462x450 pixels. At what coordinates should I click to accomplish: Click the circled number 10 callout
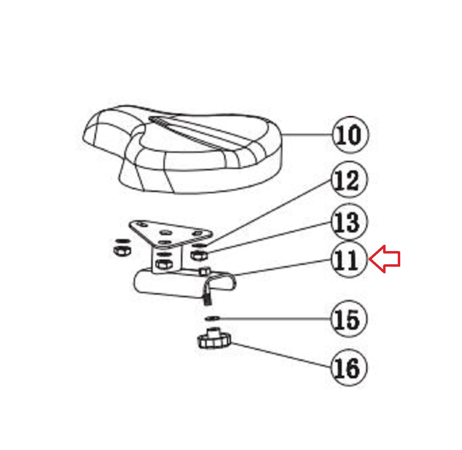(350, 135)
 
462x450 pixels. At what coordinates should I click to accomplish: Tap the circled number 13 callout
(349, 222)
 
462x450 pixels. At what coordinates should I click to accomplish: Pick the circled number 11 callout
(349, 260)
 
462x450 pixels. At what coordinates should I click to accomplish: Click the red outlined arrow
(385, 259)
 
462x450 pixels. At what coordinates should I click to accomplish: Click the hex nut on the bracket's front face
(163, 264)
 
